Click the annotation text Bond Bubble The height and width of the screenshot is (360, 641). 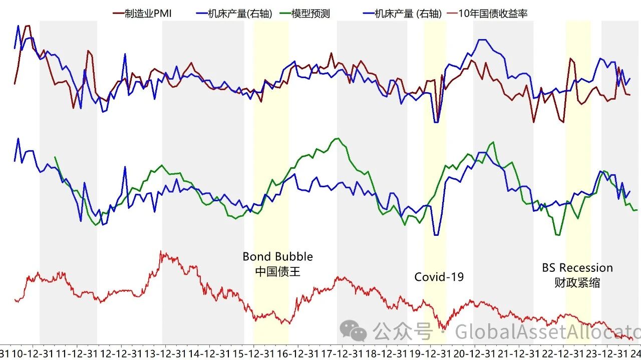277,257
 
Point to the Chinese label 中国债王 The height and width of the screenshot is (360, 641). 277,271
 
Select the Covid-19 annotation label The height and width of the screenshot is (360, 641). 439,277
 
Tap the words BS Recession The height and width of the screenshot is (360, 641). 577,268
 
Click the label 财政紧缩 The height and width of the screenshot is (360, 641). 577,282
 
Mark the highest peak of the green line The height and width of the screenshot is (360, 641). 338,139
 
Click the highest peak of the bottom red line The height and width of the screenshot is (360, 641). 161,252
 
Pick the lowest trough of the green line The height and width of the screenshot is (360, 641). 557,234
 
